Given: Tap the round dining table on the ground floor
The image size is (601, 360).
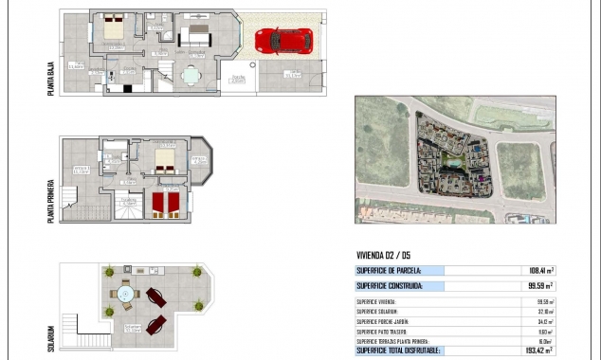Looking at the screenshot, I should tap(192, 78).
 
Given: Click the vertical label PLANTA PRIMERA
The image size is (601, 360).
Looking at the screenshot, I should tap(51, 197).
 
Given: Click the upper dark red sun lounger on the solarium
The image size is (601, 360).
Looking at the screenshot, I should tap(155, 298).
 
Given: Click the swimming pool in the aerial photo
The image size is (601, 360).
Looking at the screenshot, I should tap(454, 163).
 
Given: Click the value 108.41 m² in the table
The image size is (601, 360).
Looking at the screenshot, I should tap(537, 270).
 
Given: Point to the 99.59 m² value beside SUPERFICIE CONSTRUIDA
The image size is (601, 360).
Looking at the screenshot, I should tap(537, 285).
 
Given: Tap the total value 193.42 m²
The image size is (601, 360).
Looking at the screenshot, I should tap(537, 351).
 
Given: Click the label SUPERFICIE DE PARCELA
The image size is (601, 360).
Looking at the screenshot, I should tap(389, 270).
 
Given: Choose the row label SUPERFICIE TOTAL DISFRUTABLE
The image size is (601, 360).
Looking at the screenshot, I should tap(398, 351).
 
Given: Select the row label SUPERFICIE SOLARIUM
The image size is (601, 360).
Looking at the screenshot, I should tap(377, 311).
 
